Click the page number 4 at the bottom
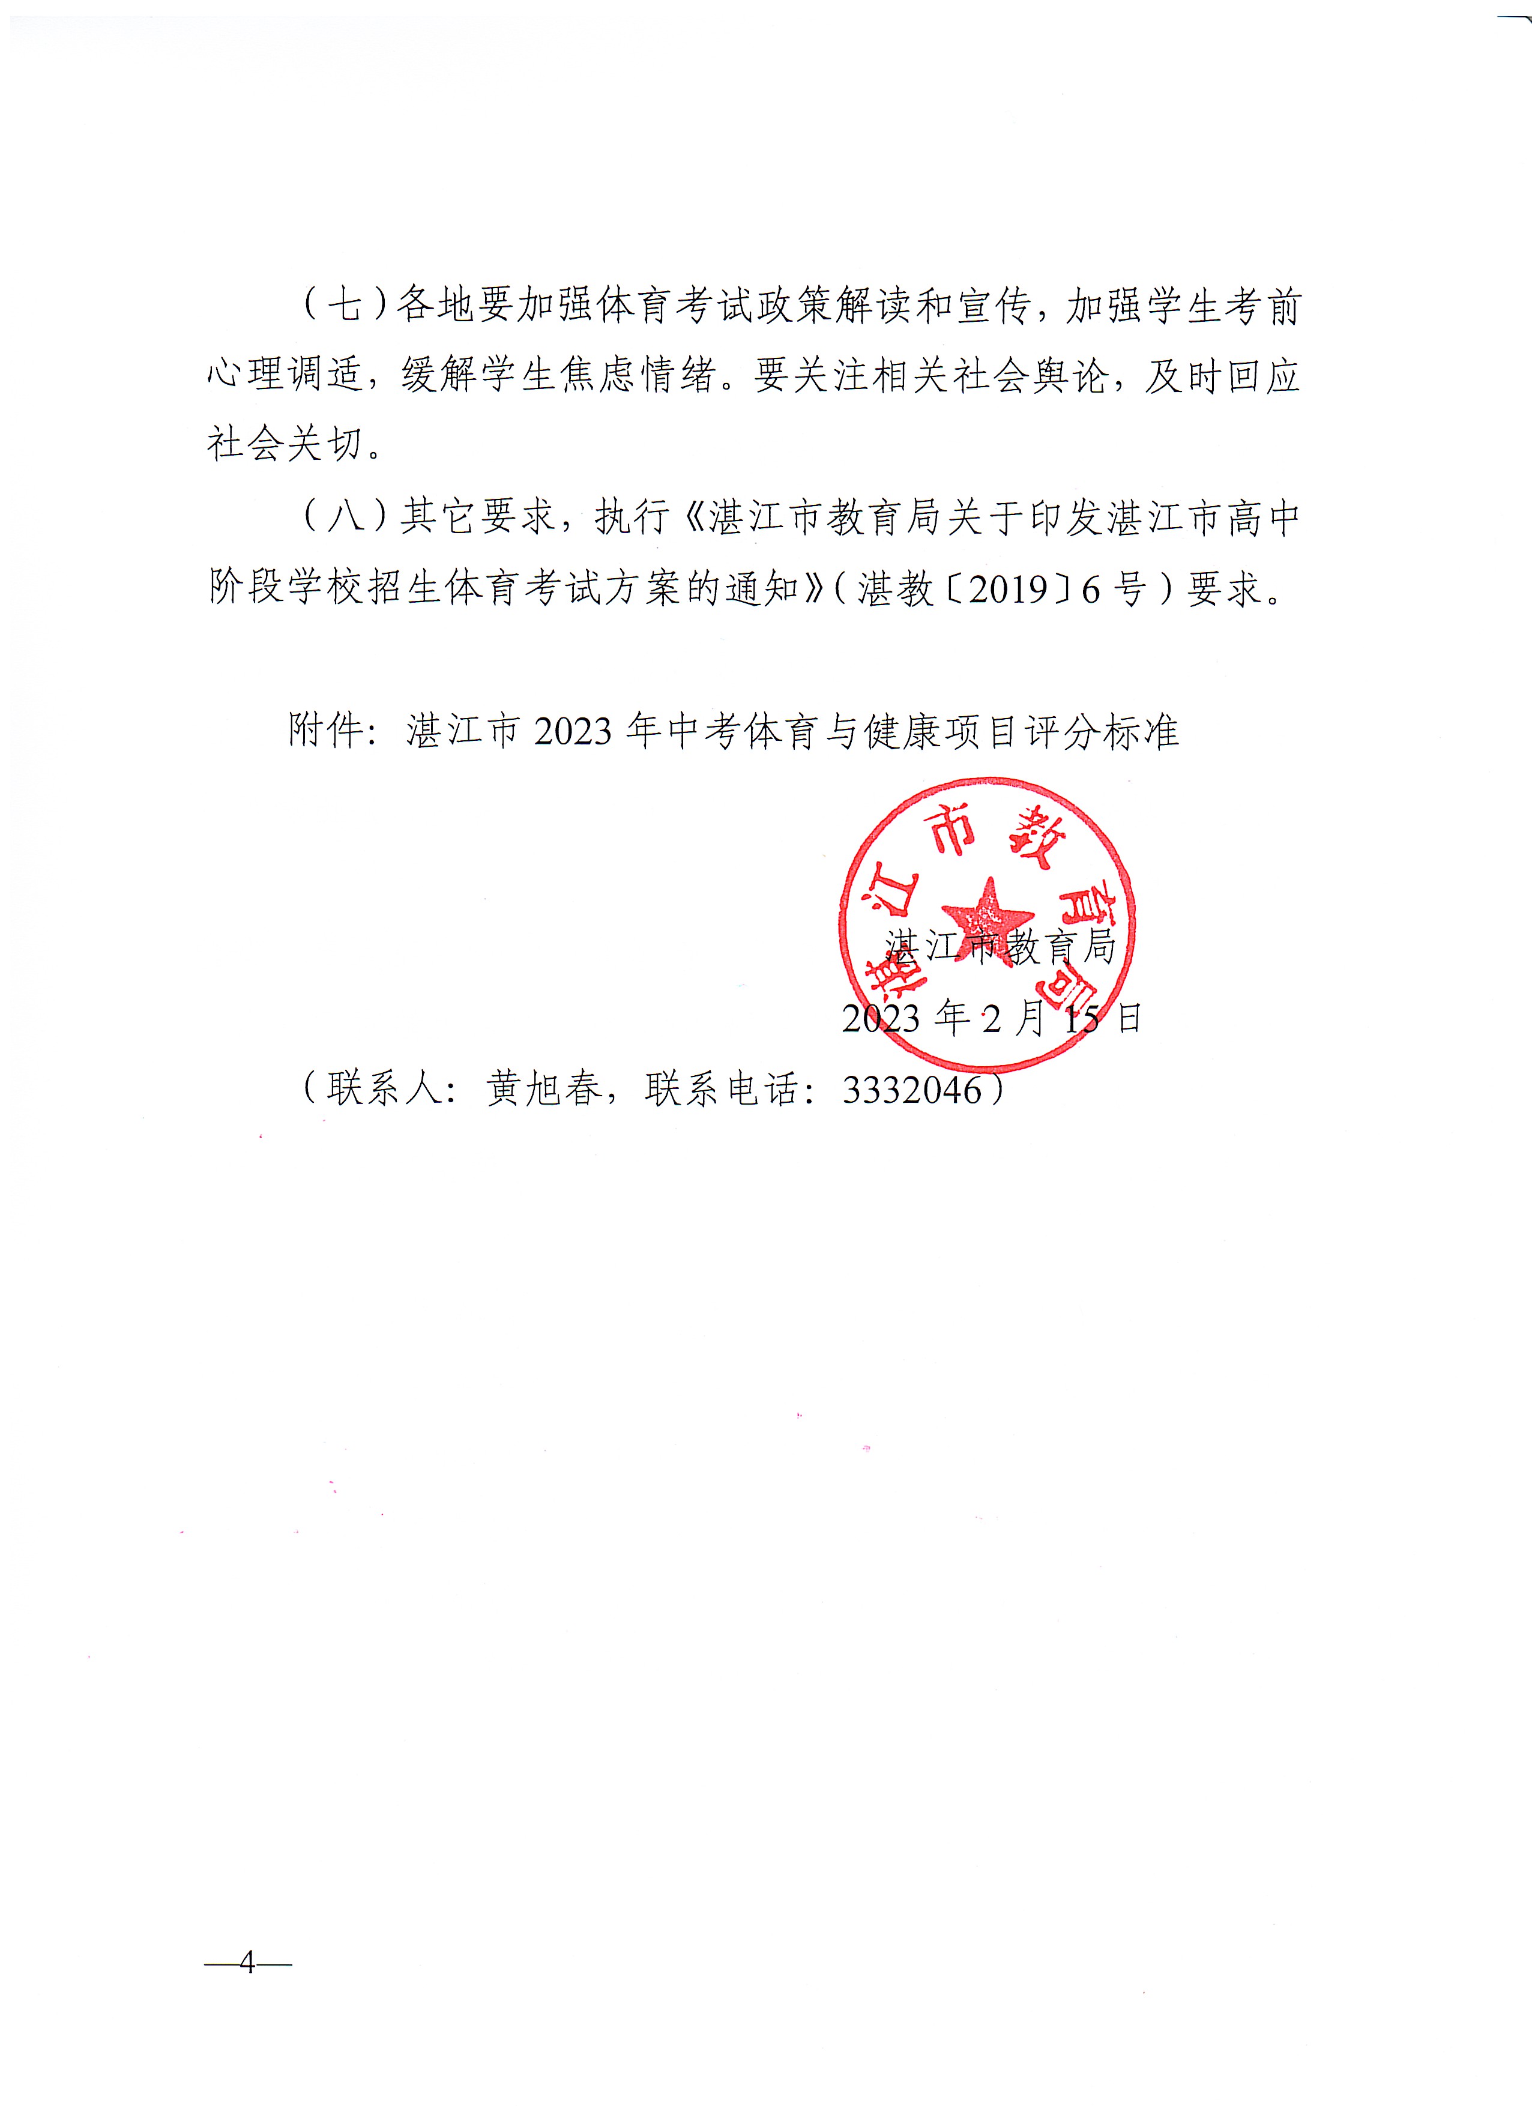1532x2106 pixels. pyautogui.click(x=247, y=1963)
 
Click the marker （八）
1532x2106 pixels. pyautogui.click(x=345, y=516)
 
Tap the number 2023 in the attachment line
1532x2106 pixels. pyautogui.click(x=573, y=732)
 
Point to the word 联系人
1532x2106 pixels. pyautogui.click(x=384, y=1089)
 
